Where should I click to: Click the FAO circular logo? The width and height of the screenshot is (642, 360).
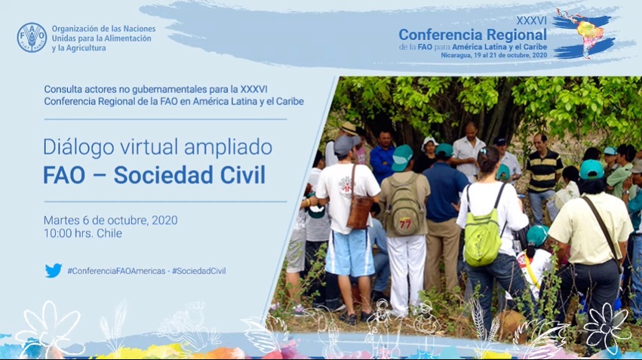click(x=32, y=38)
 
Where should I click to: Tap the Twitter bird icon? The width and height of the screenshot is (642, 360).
click(x=54, y=271)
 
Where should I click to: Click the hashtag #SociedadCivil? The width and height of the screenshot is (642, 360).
click(x=198, y=271)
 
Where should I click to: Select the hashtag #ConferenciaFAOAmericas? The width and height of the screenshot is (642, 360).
click(x=116, y=271)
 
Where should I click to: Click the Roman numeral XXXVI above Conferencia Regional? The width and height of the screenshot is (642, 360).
click(x=531, y=20)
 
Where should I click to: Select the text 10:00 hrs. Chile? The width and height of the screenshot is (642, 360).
click(x=83, y=233)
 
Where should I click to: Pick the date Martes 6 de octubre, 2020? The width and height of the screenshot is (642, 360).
click(x=111, y=220)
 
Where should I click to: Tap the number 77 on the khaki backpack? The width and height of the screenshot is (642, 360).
click(x=405, y=223)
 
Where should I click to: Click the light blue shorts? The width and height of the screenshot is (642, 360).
click(x=349, y=252)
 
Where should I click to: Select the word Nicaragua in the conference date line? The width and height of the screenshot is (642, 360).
click(x=454, y=55)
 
